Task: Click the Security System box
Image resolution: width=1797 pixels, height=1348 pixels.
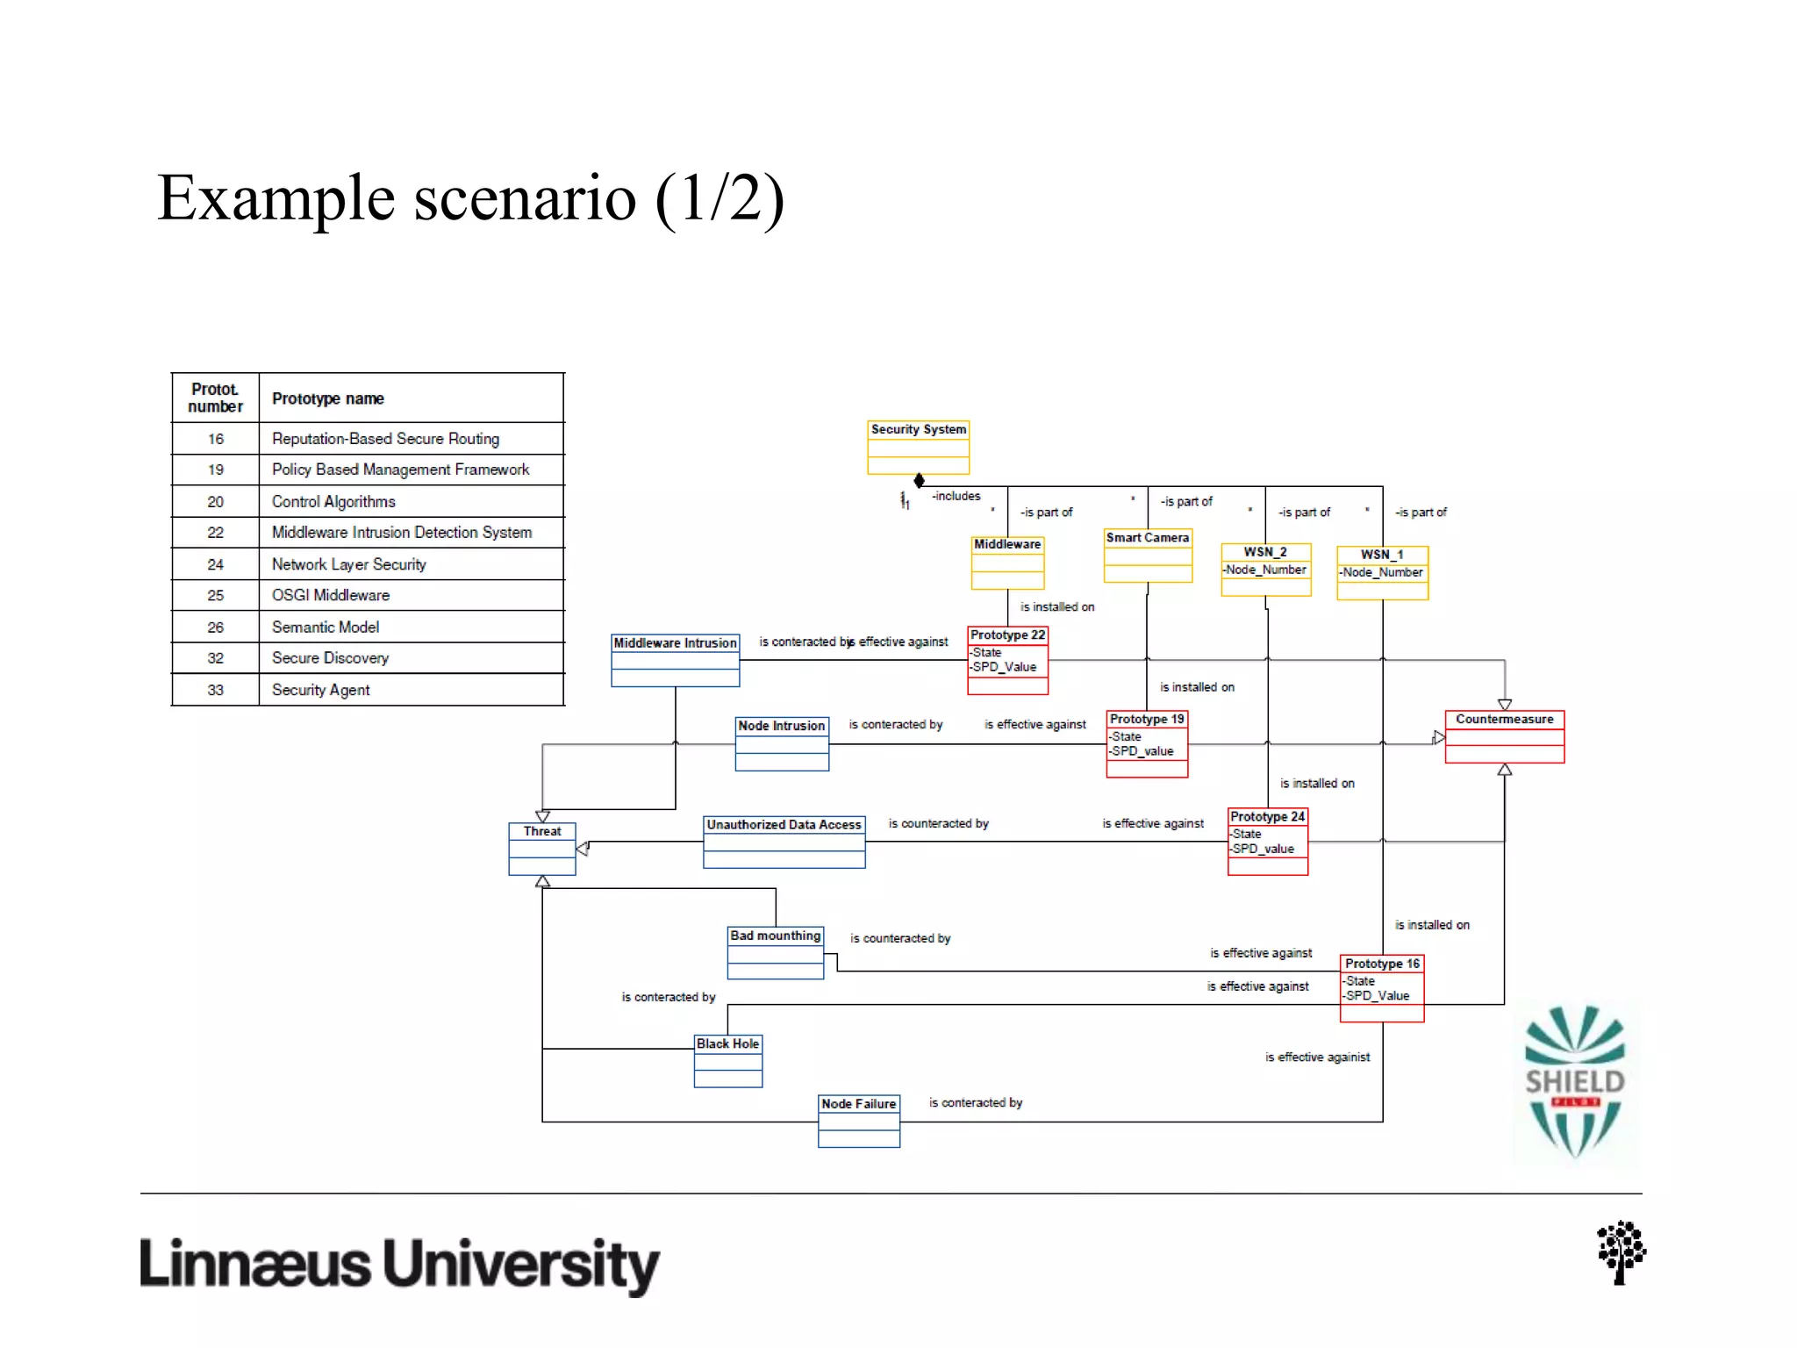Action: pyautogui.click(x=918, y=447)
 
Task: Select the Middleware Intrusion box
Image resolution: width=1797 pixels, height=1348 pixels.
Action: pyautogui.click(x=675, y=660)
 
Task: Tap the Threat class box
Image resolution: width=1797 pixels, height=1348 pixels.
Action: pyautogui.click(x=542, y=848)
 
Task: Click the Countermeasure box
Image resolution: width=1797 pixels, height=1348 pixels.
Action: pyautogui.click(x=1504, y=736)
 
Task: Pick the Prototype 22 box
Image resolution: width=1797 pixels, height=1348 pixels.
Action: pyautogui.click(x=1007, y=659)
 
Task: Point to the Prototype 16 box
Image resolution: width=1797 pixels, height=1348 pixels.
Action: pyautogui.click(x=1381, y=987)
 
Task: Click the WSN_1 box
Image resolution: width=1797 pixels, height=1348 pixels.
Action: pyautogui.click(x=1382, y=572)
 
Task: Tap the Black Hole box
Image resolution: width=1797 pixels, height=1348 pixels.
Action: pyautogui.click(x=727, y=1060)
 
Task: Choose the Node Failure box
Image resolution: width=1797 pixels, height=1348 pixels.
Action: pyautogui.click(x=858, y=1120)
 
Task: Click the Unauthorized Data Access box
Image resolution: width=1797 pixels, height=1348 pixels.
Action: pyautogui.click(x=784, y=842)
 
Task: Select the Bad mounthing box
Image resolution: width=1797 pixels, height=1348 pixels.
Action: pyautogui.click(x=775, y=952)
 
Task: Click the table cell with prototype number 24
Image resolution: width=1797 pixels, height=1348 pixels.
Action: pyautogui.click(x=216, y=564)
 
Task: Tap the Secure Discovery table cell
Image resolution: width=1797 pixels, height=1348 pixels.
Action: pyautogui.click(x=330, y=658)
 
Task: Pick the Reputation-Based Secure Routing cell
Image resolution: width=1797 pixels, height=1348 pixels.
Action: pyautogui.click(x=385, y=439)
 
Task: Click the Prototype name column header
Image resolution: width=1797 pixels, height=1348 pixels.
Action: pyautogui.click(x=327, y=398)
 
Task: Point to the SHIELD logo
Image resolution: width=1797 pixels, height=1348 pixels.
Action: pyautogui.click(x=1574, y=1081)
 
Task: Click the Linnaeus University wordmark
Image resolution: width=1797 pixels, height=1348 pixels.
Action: pyautogui.click(x=399, y=1264)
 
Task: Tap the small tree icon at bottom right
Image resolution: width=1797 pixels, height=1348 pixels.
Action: pyautogui.click(x=1620, y=1251)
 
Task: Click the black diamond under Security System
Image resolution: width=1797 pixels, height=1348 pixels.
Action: pyautogui.click(x=919, y=480)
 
